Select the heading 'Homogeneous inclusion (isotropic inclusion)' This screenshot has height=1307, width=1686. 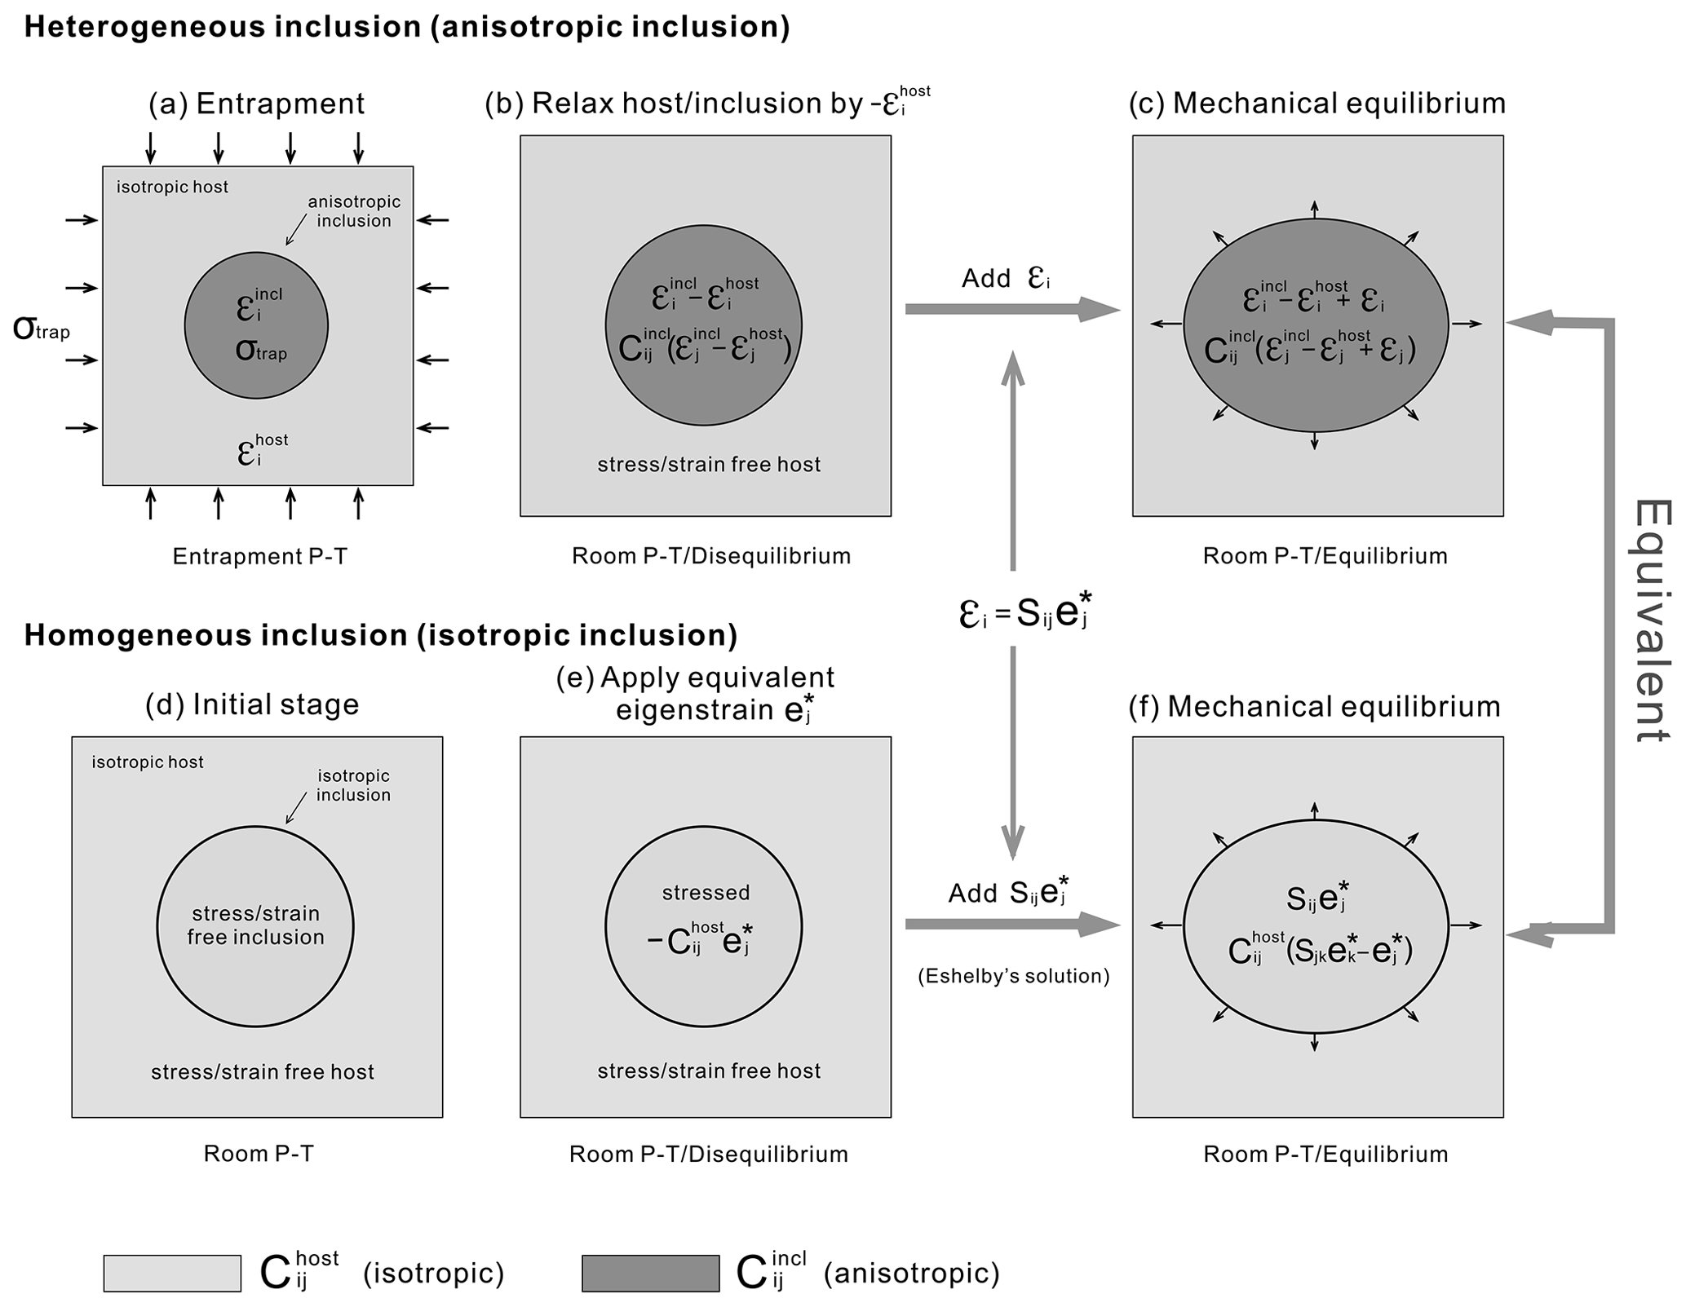click(380, 635)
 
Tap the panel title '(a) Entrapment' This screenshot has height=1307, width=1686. click(256, 104)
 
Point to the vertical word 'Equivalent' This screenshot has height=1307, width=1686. click(1653, 620)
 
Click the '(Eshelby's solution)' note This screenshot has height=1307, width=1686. click(1013, 976)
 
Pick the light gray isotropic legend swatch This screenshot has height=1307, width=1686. click(172, 1273)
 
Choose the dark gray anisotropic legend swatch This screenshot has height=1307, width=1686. click(650, 1273)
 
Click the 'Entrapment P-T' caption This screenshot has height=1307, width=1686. click(259, 556)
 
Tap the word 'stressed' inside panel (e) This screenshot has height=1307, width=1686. click(706, 892)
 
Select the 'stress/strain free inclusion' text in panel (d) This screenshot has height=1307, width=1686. click(255, 925)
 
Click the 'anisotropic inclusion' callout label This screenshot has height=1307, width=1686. click(354, 211)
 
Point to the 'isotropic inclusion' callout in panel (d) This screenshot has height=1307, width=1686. click(353, 785)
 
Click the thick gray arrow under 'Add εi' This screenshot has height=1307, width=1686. click(1011, 309)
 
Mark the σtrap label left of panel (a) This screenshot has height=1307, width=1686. click(41, 329)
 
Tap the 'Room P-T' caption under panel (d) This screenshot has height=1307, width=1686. click(259, 1153)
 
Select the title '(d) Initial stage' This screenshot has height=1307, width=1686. click(252, 704)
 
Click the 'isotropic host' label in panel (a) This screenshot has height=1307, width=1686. click(172, 187)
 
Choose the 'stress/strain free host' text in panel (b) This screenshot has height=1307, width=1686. click(709, 465)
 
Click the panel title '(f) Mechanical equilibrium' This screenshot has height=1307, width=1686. click(1314, 706)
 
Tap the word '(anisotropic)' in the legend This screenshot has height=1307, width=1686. click(911, 1273)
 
